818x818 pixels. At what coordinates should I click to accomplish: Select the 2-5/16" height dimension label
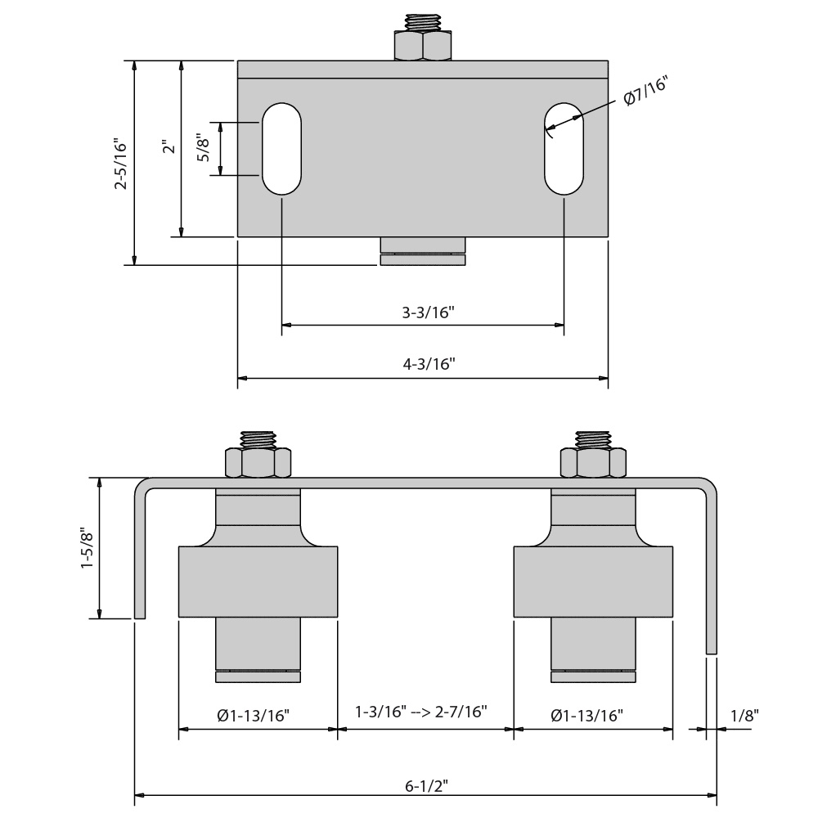pos(121,164)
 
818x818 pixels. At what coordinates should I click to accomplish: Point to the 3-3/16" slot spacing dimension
pos(423,312)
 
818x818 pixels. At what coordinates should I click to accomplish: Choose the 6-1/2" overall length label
pos(426,786)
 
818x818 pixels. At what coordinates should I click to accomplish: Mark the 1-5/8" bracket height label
pos(87,549)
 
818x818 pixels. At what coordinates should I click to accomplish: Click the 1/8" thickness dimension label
pos(744,715)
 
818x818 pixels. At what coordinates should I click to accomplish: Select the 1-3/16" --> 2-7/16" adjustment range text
pos(421,711)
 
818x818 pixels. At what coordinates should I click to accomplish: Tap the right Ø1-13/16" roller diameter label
pos(587,716)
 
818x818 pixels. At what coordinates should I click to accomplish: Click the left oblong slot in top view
pos(281,149)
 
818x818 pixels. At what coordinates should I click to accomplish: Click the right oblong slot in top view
pos(564,149)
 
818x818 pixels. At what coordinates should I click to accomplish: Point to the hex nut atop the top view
pos(422,46)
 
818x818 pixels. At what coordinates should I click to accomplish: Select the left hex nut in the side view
pos(258,463)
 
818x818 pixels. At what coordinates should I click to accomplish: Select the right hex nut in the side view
pos(593,463)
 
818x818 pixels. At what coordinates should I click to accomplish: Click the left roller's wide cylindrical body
pos(258,582)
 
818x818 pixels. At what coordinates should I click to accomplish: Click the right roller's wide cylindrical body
pos(593,582)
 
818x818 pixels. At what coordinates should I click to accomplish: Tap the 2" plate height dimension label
pos(168,148)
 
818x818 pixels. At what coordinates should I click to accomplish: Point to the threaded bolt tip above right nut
pos(593,438)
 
